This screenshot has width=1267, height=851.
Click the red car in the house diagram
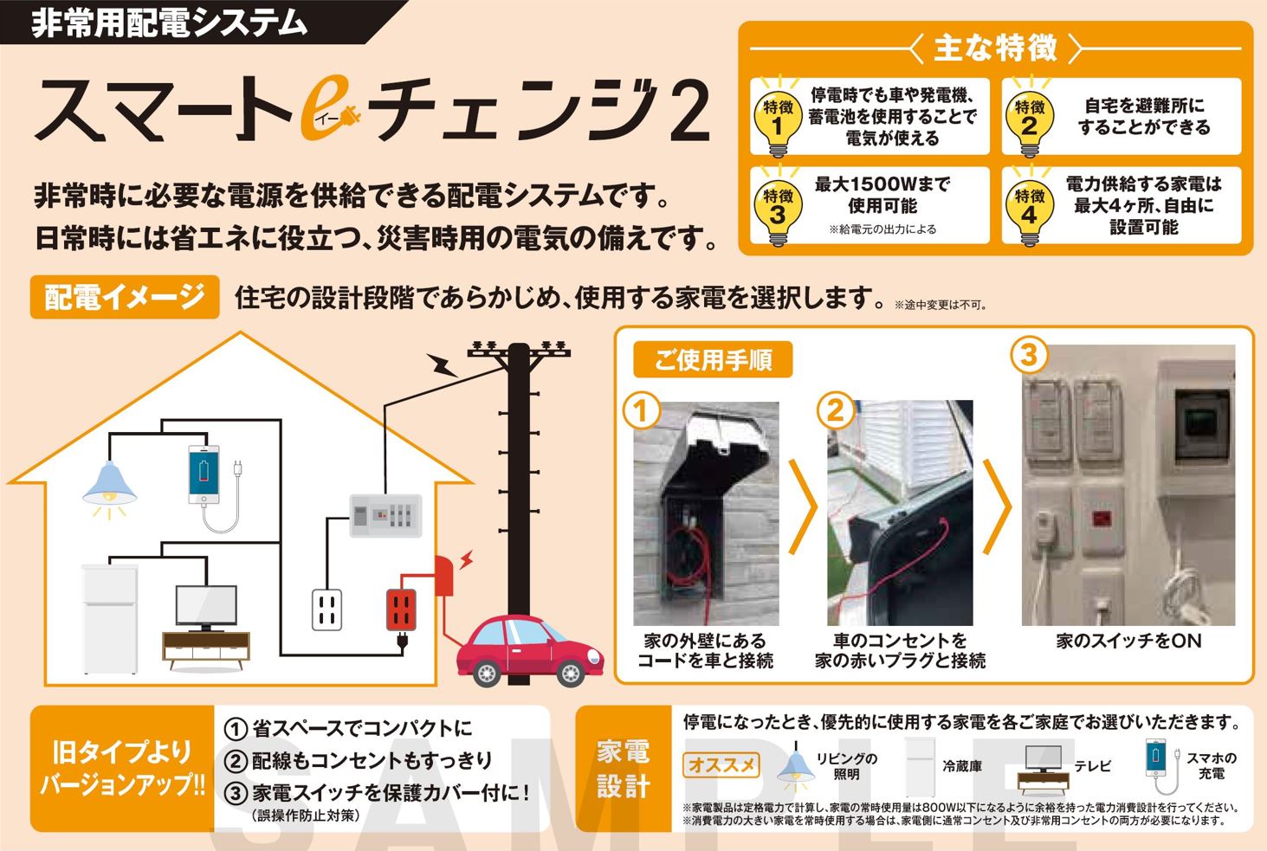click(529, 650)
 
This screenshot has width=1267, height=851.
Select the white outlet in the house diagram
click(327, 610)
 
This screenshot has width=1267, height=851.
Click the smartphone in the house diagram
click(204, 474)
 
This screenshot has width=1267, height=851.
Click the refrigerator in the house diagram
click(110, 619)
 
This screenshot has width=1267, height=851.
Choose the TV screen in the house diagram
click(206, 606)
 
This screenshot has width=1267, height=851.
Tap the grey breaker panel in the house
click(385, 516)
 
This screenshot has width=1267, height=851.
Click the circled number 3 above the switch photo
click(1029, 356)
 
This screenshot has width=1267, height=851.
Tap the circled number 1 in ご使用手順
click(641, 410)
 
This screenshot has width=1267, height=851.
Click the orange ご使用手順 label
click(713, 359)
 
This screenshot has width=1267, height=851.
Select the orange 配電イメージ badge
click(125, 297)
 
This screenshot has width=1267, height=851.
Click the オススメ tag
click(721, 765)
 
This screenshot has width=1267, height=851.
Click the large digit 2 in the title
click(689, 112)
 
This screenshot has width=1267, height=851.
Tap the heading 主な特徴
click(995, 48)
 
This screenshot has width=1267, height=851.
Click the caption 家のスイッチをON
click(1128, 641)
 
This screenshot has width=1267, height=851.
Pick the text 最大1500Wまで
click(882, 184)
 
